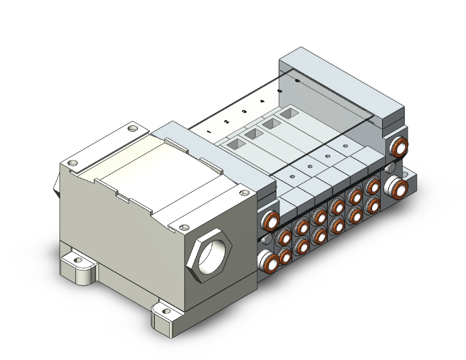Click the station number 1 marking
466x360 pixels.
[x=209, y=132]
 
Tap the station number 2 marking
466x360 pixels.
[x=226, y=121]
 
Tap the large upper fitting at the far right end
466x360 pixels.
[x=398, y=149]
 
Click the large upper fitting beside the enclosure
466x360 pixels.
[x=269, y=223]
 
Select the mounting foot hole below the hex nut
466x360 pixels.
[x=165, y=309]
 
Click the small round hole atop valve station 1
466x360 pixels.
[x=292, y=177]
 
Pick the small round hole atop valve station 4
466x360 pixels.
[x=344, y=145]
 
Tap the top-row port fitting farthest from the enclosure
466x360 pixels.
[x=373, y=187]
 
